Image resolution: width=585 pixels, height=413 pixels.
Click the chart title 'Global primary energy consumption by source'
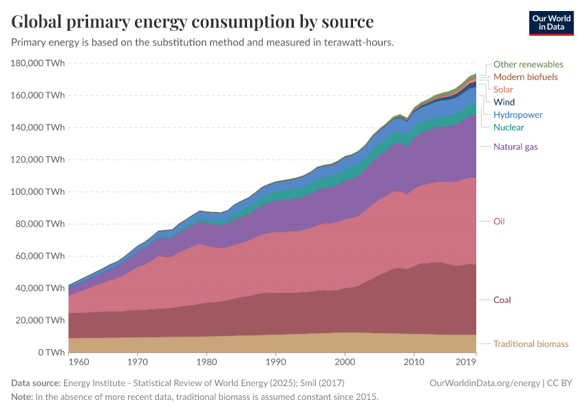click(193, 21)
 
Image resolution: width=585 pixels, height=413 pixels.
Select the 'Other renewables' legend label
click(528, 64)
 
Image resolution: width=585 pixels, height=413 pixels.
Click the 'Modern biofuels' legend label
click(525, 76)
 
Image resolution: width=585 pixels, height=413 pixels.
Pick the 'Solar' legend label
click(503, 89)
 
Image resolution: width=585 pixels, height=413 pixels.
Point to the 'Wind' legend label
click(504, 102)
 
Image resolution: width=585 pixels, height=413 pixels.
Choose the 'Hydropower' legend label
click(518, 115)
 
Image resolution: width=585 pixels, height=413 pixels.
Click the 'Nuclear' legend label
click(509, 127)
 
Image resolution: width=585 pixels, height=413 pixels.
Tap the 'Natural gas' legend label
click(515, 147)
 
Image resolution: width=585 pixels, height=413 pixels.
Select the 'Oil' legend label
click(499, 222)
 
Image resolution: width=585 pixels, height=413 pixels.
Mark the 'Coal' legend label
click(502, 300)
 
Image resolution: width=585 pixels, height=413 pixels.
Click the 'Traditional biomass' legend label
click(531, 344)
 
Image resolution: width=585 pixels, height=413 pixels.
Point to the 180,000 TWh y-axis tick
click(39, 63)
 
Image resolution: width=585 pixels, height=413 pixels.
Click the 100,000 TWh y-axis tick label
click(39, 191)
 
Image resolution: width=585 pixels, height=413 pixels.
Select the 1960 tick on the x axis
click(78, 361)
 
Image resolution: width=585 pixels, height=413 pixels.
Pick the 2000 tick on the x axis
click(344, 361)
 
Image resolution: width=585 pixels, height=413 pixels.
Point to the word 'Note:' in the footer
click(22, 397)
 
